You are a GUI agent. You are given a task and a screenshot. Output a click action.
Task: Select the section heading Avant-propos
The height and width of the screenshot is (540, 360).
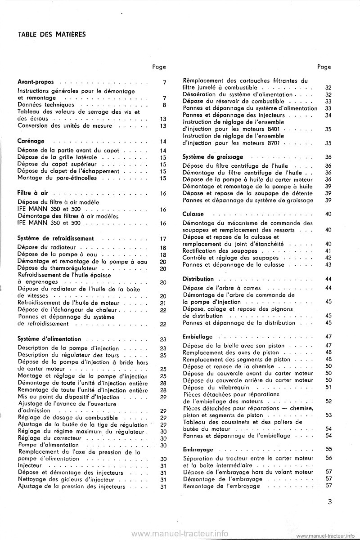click(36, 82)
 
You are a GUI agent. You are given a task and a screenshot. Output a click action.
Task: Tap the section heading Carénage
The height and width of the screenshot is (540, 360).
click(31, 142)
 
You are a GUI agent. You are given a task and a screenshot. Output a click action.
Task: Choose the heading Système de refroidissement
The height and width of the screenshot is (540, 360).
click(55, 238)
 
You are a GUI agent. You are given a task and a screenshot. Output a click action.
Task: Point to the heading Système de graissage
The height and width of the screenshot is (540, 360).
click(213, 157)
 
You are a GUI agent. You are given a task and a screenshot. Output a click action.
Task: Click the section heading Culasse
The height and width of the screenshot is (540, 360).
click(193, 214)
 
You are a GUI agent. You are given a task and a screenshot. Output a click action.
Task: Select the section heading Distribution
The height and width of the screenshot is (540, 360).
click(198, 279)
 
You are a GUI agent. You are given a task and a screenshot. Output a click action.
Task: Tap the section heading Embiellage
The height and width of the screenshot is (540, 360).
click(198, 337)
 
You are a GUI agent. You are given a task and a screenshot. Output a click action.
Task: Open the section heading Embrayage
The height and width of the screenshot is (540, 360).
click(198, 450)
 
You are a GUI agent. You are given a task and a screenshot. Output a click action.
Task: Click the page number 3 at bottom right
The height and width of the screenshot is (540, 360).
click(330, 503)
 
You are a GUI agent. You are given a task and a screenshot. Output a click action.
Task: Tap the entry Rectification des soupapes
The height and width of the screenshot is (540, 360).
click(220, 250)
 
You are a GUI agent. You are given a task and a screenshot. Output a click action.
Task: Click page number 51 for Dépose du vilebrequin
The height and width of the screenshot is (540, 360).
click(328, 387)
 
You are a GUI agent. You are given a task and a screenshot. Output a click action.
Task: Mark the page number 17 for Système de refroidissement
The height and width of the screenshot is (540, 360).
click(163, 239)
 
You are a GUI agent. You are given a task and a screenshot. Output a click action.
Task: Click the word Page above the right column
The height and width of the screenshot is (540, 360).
click(324, 67)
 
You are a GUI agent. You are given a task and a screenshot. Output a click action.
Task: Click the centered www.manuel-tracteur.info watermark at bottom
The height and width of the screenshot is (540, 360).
click(180, 533)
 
